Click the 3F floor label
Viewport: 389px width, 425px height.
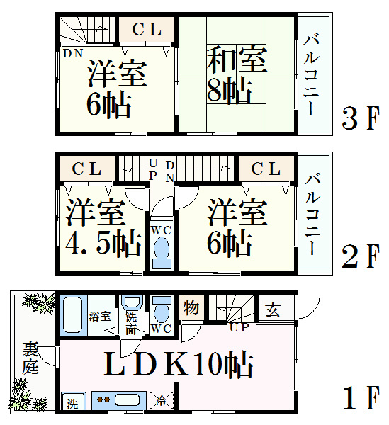pos(360,118)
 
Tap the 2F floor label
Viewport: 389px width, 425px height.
pos(360,256)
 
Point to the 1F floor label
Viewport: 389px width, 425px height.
pos(361,398)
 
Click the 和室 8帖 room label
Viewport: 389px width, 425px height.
pos(236,75)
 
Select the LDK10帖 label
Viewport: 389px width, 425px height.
pos(179,364)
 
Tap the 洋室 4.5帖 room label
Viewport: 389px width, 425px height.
pos(103,227)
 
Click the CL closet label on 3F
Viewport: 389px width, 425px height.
pos(147,29)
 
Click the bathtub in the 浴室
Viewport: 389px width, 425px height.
pos(73,315)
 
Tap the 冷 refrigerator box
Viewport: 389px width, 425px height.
pos(162,400)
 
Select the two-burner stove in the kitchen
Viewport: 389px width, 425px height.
pos(103,399)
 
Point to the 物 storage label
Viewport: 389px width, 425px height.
pos(191,308)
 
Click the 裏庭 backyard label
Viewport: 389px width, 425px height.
pos(30,358)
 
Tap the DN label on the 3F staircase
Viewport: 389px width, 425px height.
pos(73,53)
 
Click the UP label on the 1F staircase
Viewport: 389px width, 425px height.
pos(239,327)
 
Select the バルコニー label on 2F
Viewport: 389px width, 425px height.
pos(312,215)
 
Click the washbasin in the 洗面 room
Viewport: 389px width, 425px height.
pos(132,302)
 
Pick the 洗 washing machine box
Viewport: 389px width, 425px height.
pos(72,401)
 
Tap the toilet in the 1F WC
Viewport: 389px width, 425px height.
pos(162,308)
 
